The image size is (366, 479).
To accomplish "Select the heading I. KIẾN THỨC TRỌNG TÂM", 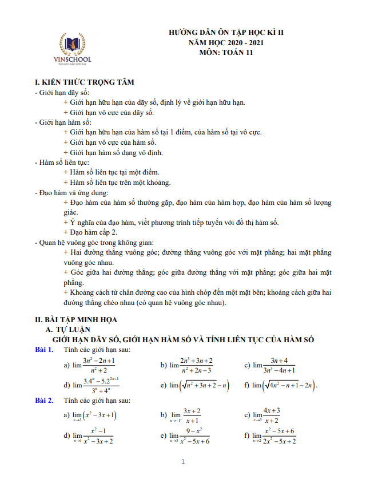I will [x=85, y=82].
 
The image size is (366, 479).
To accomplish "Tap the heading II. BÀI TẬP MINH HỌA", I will [x=76, y=319].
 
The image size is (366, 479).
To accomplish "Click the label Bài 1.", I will [x=44, y=350].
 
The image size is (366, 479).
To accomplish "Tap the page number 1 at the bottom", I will [x=182, y=461].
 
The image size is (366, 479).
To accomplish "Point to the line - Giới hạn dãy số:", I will [x=62, y=93].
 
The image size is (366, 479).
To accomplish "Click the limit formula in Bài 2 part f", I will [x=274, y=436].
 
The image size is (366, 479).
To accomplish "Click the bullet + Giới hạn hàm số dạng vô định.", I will [x=113, y=153].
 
